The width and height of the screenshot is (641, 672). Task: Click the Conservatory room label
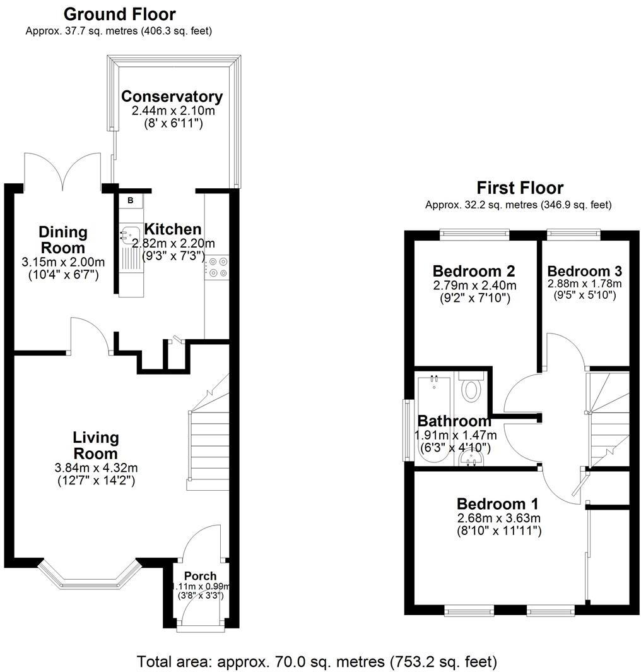(172, 97)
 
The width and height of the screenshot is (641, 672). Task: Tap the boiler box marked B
(131, 201)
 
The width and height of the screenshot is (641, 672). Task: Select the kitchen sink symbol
(129, 234)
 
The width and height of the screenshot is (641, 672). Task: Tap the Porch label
(200, 576)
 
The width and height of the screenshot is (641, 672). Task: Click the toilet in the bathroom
(471, 388)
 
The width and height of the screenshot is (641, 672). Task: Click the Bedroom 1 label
(497, 504)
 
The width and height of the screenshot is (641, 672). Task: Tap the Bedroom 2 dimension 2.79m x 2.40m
(473, 285)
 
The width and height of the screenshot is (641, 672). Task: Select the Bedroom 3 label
(585, 271)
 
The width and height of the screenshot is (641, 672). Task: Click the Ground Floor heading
(120, 14)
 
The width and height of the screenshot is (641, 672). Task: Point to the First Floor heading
(519, 188)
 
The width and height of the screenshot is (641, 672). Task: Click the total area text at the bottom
(317, 661)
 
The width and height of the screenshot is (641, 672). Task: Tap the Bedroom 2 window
(474, 234)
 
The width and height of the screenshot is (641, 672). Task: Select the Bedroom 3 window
(573, 234)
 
